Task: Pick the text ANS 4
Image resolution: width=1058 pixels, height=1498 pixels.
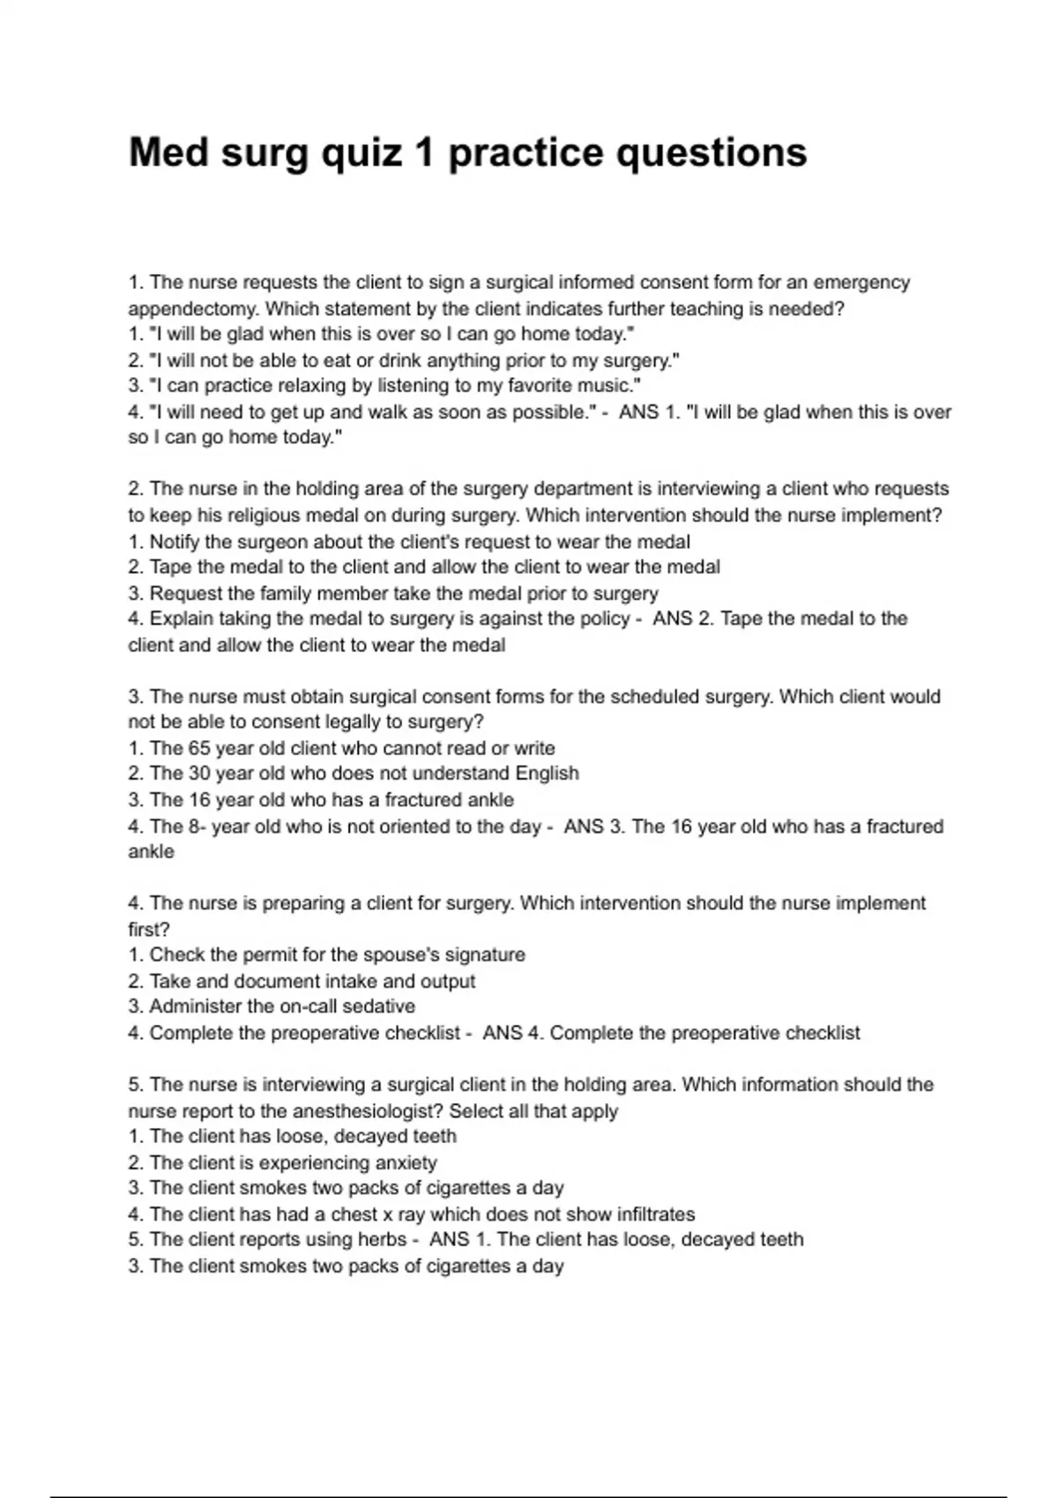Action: tap(513, 1033)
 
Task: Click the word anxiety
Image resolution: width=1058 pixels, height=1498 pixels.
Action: tap(405, 1163)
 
